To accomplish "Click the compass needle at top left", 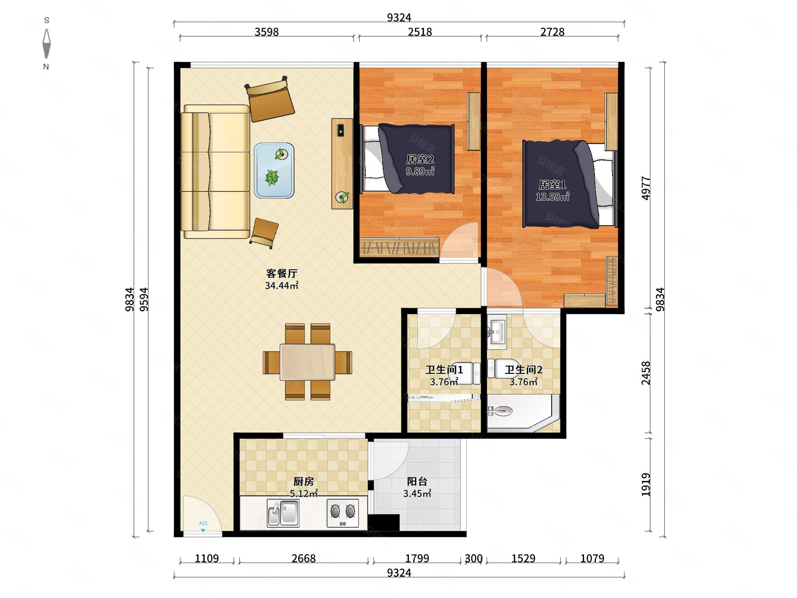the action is click(46, 43).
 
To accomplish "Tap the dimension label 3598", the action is click(267, 32).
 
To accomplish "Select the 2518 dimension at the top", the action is click(420, 32).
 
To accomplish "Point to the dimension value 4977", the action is click(646, 188).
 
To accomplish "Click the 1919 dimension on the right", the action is click(646, 485).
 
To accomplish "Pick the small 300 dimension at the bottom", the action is click(474, 558).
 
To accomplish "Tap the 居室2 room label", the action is click(420, 159).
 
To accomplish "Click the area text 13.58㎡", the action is click(553, 197).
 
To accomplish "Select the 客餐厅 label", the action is click(282, 273).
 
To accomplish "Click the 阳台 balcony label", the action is click(417, 481).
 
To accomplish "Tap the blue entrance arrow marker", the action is click(203, 530).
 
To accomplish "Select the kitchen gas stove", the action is click(342, 513).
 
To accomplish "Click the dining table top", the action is click(307, 362).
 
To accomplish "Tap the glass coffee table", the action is click(274, 171).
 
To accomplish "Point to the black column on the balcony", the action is click(383, 522).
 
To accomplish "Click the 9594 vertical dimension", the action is click(144, 299).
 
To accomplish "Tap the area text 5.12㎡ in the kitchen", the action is click(304, 493).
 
